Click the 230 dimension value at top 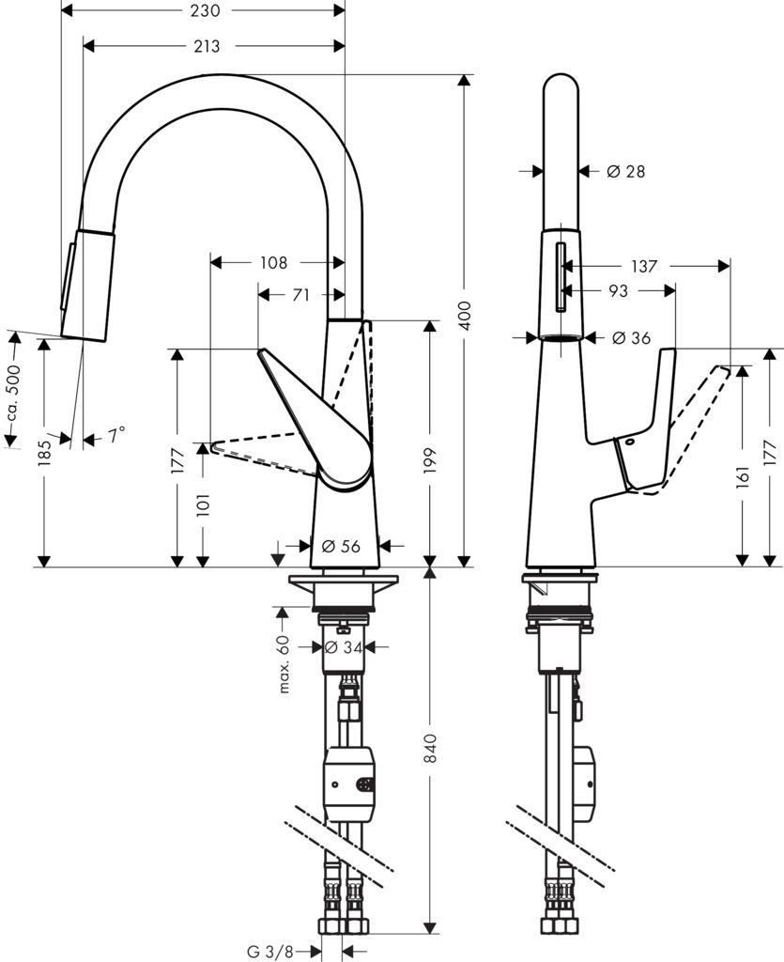(x=205, y=11)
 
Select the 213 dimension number (x=208, y=46)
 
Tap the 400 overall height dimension (x=464, y=319)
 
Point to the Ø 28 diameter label (x=625, y=171)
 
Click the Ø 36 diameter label (x=631, y=338)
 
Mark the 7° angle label (x=115, y=436)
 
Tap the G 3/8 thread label (x=270, y=952)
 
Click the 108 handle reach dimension (x=272, y=263)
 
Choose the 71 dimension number (x=300, y=295)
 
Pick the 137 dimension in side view (x=644, y=267)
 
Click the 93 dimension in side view (x=618, y=291)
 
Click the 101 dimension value (x=203, y=504)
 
